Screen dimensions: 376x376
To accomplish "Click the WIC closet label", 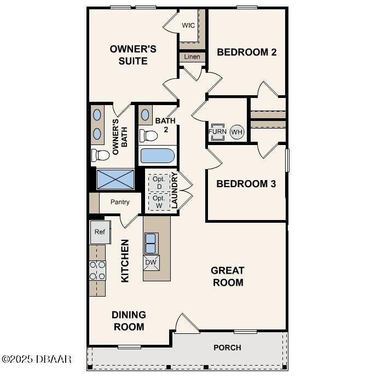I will (x=189, y=25).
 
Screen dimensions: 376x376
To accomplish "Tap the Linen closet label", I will (x=192, y=57).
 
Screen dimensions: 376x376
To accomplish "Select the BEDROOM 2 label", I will (x=246, y=53).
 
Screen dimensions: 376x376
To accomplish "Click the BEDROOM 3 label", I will (x=246, y=183).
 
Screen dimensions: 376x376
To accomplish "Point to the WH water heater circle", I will (x=236, y=132).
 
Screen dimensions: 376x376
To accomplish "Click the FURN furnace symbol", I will (x=217, y=132).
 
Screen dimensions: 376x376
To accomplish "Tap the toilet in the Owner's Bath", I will (x=100, y=155).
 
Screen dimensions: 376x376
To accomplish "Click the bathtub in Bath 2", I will (x=158, y=156).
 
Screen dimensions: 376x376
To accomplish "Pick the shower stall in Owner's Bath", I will (x=115, y=179).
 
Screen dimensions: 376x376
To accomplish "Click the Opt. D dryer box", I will (x=159, y=182).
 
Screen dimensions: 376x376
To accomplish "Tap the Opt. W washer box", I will (x=159, y=201).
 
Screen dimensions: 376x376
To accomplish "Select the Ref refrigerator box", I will (x=100, y=232).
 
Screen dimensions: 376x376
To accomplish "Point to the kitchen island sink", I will (x=151, y=242).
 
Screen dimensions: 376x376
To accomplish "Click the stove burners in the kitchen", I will (x=97, y=270).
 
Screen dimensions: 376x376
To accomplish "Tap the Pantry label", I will (x=120, y=202).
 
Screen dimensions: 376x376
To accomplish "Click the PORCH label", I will (x=227, y=348).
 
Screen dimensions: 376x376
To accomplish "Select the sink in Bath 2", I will (x=146, y=115).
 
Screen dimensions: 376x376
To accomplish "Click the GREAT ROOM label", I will (x=228, y=276).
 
